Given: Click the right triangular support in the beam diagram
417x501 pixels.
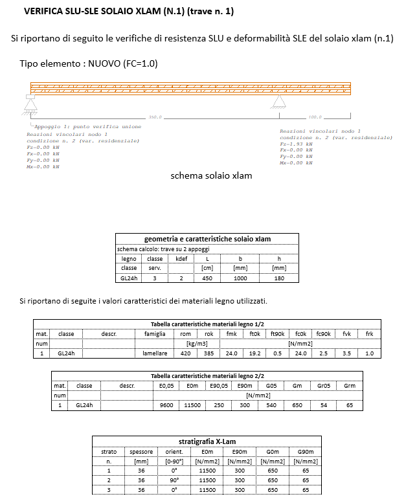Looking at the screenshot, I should (x=279, y=102).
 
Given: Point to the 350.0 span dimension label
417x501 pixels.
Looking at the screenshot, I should (x=155, y=117).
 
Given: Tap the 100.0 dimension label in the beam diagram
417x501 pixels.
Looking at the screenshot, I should (x=315, y=117).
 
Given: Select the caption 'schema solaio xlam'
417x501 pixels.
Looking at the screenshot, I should (x=211, y=175).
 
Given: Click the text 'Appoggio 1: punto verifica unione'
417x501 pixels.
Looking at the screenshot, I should (x=87, y=126).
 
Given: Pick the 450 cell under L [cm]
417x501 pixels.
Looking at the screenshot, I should (x=207, y=278).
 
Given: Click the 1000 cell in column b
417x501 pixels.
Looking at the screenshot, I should (x=240, y=278).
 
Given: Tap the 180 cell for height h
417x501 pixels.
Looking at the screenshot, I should (x=279, y=278).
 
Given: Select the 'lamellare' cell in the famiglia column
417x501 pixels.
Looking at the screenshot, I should (x=155, y=353).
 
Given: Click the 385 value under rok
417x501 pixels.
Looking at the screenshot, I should (x=208, y=353).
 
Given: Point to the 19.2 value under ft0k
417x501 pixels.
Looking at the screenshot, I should (x=254, y=353).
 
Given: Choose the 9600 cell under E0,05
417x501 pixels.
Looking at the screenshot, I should (x=166, y=405).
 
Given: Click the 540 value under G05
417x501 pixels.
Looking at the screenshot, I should (x=271, y=405).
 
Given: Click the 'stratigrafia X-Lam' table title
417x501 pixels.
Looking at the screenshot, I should (x=207, y=441).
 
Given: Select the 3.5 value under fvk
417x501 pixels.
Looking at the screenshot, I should (x=347, y=353).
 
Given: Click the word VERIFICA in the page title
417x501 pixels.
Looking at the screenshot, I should (x=44, y=12).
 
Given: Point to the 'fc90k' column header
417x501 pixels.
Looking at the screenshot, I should (x=323, y=333).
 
